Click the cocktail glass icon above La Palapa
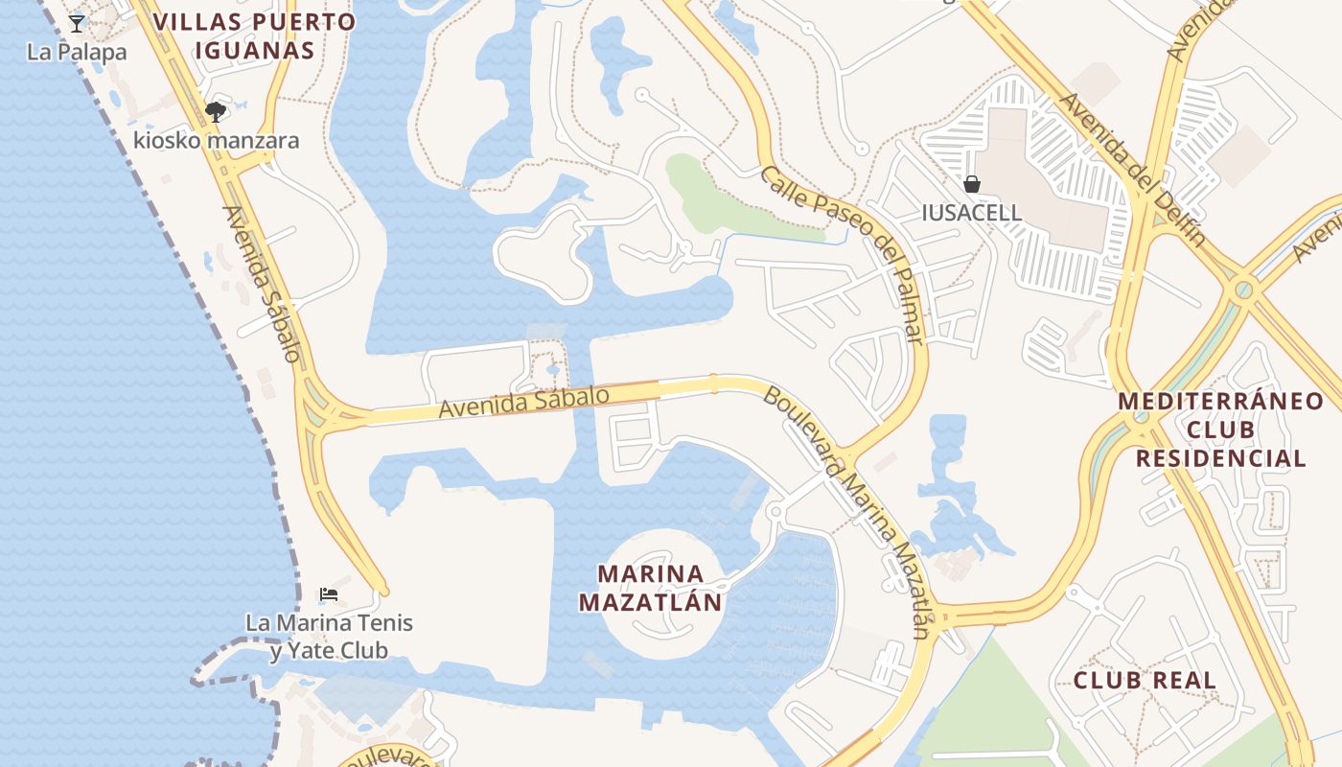tap(77, 23)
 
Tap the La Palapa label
tap(77, 52)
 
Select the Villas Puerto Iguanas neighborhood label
tap(254, 36)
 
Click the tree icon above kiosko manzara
tap(216, 112)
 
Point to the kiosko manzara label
tap(216, 141)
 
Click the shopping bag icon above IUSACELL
tap(971, 184)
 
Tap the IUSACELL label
tap(971, 213)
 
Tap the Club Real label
tap(1145, 681)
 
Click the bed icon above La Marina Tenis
tap(329, 594)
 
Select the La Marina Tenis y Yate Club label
tap(329, 637)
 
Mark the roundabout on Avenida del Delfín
tap(1242, 289)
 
